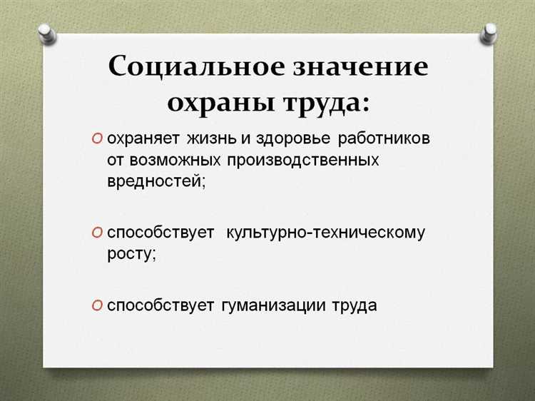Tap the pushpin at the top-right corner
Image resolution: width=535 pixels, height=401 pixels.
pos(489,31)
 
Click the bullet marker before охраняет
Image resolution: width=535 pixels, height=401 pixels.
pos(97,138)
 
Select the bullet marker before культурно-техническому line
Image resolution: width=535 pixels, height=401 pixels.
pos(97,233)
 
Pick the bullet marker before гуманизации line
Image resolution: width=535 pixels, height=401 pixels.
pos(97,305)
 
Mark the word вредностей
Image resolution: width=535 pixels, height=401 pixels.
pos(155,181)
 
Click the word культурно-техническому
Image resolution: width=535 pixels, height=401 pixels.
pos(326,233)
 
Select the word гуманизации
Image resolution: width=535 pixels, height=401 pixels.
pos(274,305)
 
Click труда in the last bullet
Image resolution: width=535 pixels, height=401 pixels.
pos(354,305)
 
